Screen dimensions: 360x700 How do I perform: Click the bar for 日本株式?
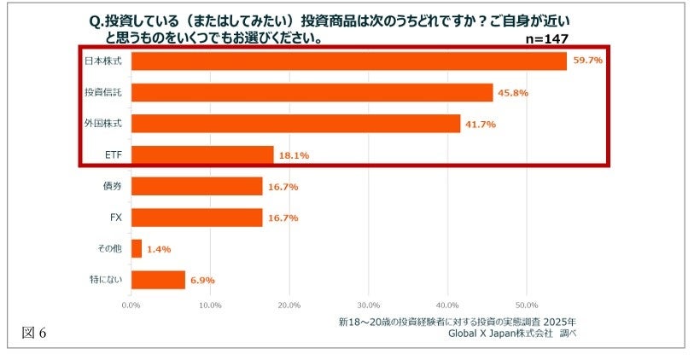[348, 61]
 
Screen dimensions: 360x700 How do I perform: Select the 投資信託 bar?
[312, 92]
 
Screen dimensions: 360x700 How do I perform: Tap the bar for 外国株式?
[295, 124]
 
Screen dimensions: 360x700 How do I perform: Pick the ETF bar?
[202, 154]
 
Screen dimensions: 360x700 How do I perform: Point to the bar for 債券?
[196, 186]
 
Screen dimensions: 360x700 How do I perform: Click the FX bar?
[196, 218]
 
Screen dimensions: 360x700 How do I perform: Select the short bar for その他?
[137, 248]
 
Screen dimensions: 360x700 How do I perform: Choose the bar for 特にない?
[158, 279]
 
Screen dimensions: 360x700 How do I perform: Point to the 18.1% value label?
[294, 155]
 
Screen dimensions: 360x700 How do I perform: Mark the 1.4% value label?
[159, 249]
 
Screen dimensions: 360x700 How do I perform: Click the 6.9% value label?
[202, 280]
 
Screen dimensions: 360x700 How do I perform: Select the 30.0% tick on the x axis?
[368, 305]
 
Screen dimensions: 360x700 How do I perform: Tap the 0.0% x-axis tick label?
[131, 305]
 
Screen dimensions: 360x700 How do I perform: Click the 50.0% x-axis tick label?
[526, 305]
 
